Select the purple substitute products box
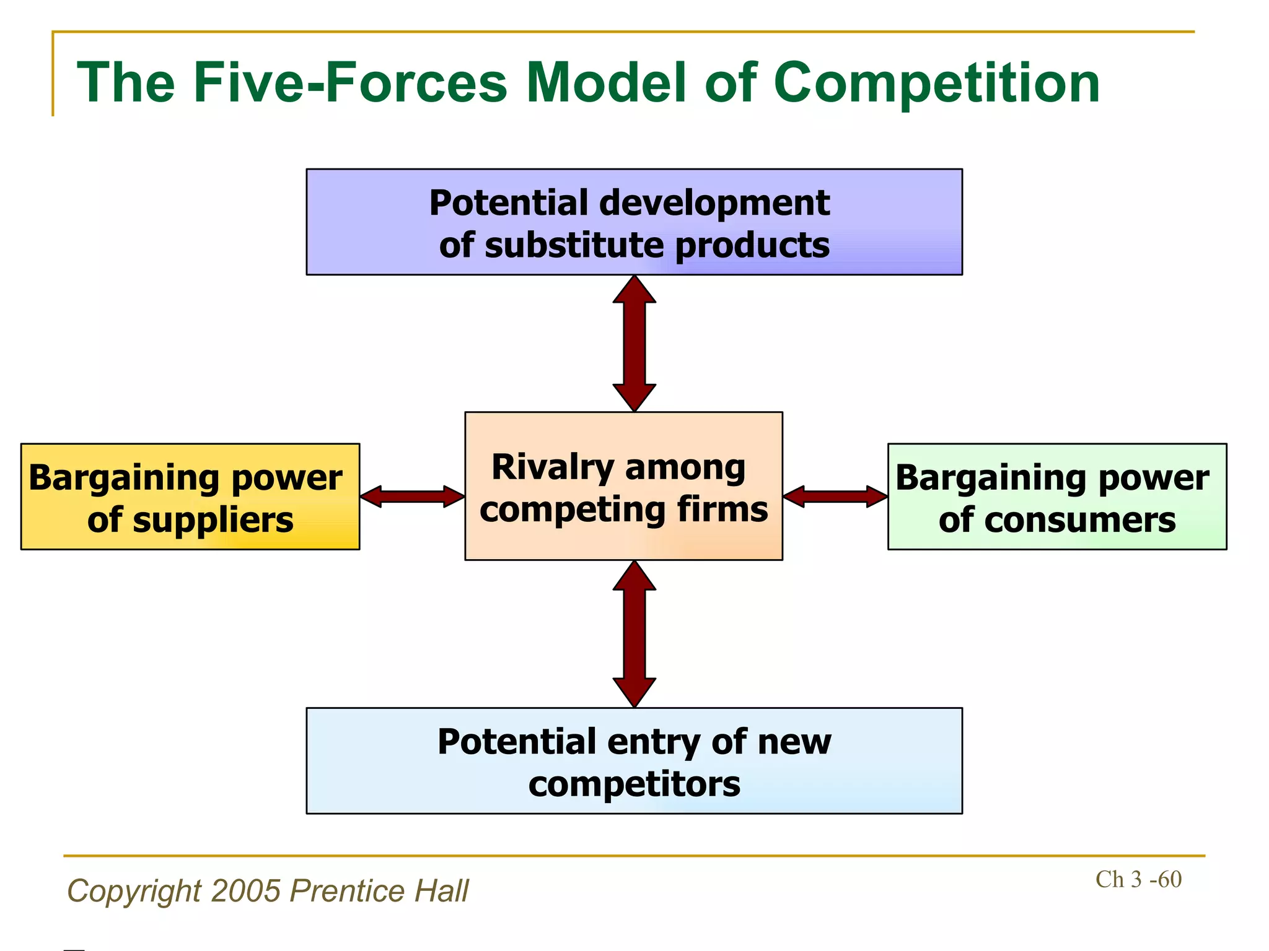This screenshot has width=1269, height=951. pyautogui.click(x=634, y=222)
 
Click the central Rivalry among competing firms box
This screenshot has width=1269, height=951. pyautogui.click(x=623, y=487)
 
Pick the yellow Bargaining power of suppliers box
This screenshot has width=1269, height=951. pyautogui.click(x=190, y=497)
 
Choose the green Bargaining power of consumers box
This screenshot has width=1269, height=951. pyautogui.click(x=1057, y=497)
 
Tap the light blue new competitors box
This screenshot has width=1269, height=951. pyautogui.click(x=634, y=761)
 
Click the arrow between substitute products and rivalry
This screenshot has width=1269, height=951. pyautogui.click(x=634, y=344)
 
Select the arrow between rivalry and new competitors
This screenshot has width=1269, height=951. pyautogui.click(x=634, y=634)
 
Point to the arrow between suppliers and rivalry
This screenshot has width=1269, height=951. pyautogui.click(x=412, y=497)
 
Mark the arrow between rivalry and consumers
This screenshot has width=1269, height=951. pyautogui.click(x=835, y=497)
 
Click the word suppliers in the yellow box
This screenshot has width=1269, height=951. pyautogui.click(x=213, y=520)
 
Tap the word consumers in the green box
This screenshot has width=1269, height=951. pyautogui.click(x=1079, y=520)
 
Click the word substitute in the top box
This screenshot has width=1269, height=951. pyautogui.click(x=576, y=246)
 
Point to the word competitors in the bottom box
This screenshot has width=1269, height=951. pyautogui.click(x=634, y=784)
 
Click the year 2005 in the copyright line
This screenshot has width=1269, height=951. pyautogui.click(x=245, y=892)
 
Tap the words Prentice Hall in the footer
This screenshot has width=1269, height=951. pyautogui.click(x=379, y=892)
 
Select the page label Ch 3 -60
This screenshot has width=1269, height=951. pyautogui.click(x=1138, y=880)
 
